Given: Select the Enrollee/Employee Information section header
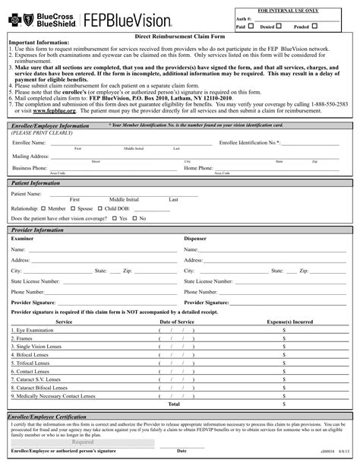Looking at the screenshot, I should tap(48, 124).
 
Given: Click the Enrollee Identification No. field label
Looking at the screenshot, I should tap(249, 142).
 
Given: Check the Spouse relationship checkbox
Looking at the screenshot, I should tap(74, 208).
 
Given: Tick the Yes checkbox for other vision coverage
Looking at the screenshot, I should tap(115, 218).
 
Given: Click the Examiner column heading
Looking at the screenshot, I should tap(22, 238).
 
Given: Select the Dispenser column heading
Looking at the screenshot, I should tap(196, 238).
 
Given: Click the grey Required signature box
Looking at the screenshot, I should tap(83, 442).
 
